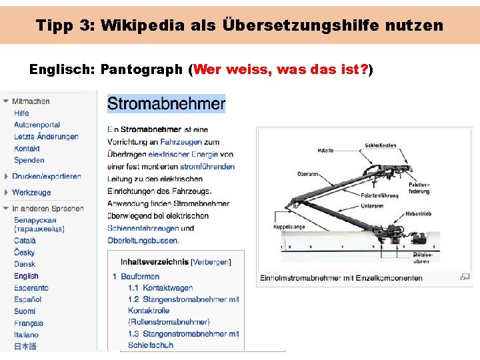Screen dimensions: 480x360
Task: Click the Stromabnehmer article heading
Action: (x=166, y=104)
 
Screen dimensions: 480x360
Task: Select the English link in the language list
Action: (x=26, y=276)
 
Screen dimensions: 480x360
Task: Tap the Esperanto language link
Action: (x=31, y=288)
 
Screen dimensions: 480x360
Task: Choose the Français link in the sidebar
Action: (x=29, y=323)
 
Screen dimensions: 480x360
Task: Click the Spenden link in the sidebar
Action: (x=29, y=160)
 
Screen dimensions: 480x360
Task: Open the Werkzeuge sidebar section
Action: (x=31, y=193)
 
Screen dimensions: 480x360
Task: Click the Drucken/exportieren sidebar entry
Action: (x=46, y=177)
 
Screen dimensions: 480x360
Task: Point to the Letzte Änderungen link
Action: (x=46, y=137)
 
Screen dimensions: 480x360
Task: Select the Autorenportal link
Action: (x=37, y=125)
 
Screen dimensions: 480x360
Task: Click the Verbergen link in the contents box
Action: (x=211, y=262)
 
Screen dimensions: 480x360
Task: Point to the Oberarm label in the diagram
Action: (x=308, y=175)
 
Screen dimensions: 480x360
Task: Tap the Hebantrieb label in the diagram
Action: (x=419, y=215)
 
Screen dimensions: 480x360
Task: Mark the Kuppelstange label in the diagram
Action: (x=288, y=227)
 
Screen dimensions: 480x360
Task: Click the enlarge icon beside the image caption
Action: (x=465, y=277)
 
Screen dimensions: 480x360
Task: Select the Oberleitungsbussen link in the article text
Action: (x=143, y=240)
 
